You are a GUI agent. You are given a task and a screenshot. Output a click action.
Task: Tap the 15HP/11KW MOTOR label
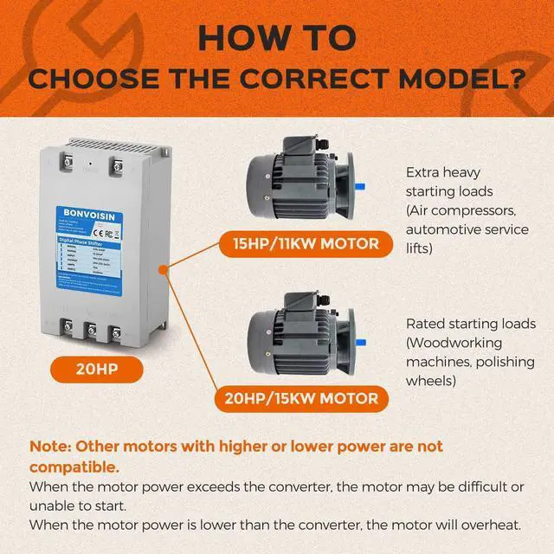(300, 243)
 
